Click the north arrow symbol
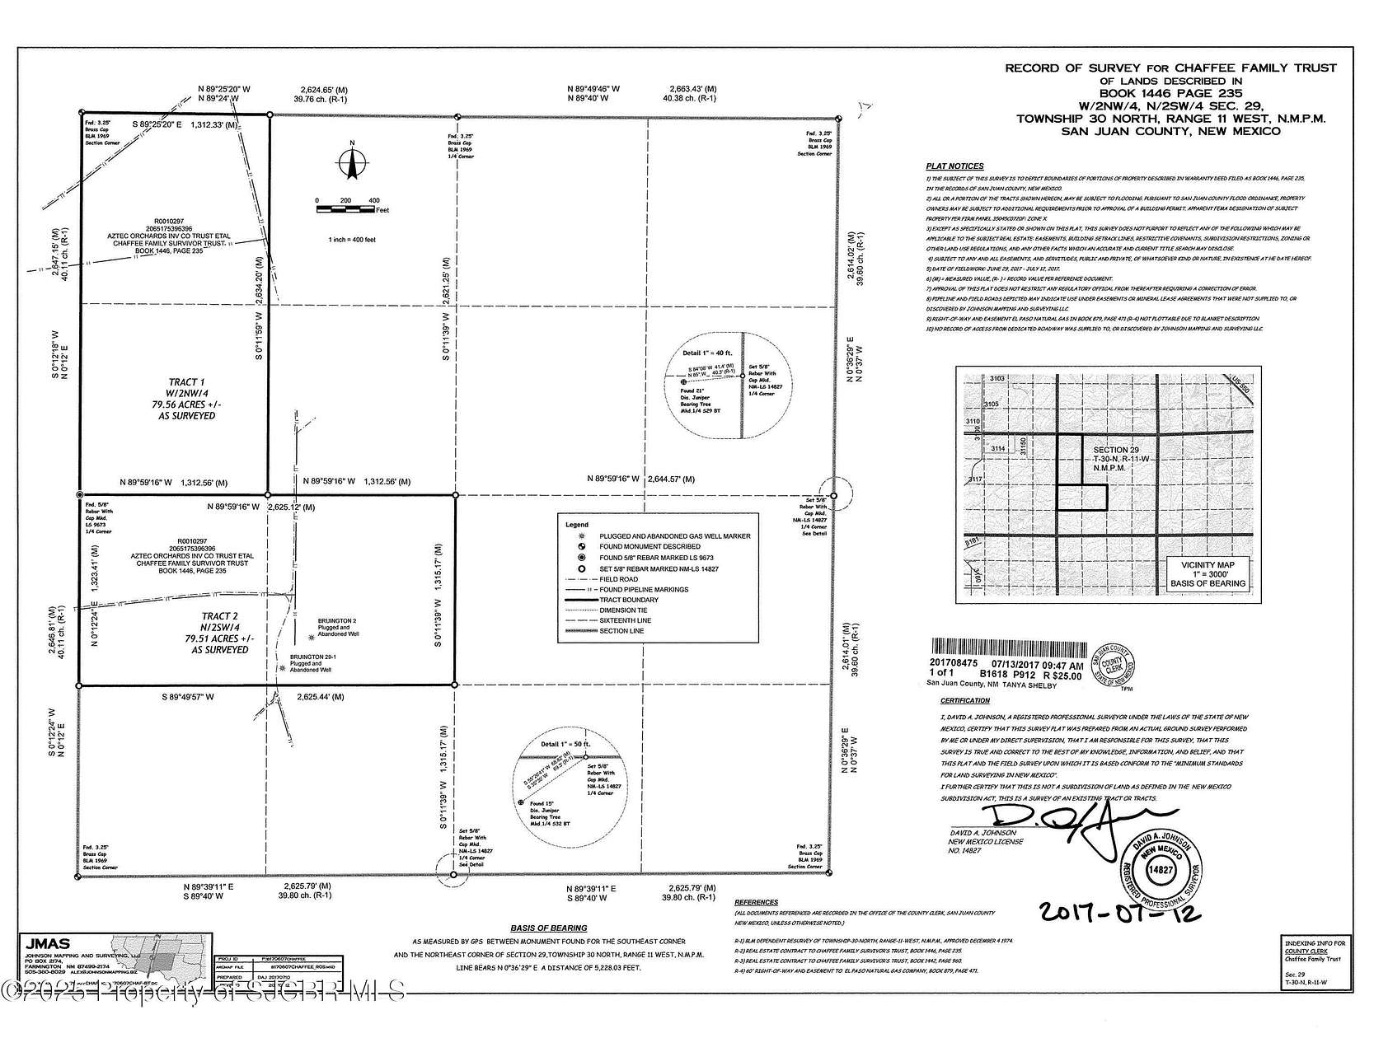point(352,161)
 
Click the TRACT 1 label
point(187,382)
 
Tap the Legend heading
point(577,525)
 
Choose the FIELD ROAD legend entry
point(618,579)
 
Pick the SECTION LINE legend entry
point(622,631)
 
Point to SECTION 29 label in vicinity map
point(1116,450)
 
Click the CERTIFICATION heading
point(965,701)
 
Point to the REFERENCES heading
point(756,903)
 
